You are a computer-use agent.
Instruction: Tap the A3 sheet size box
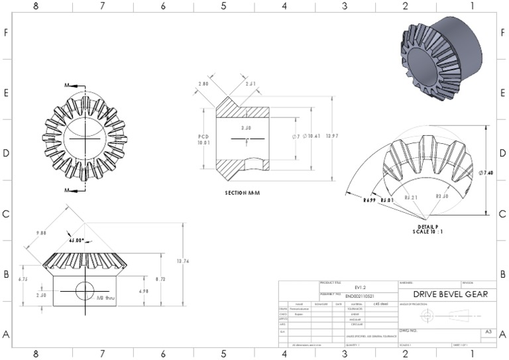[488, 331]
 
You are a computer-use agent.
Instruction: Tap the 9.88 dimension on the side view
[40, 233]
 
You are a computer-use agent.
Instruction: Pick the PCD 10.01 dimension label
[203, 138]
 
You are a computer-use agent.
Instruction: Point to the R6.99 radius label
[369, 200]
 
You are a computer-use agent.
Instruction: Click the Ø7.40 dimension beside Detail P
[486, 173]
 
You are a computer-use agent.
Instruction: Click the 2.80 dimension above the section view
[203, 84]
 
